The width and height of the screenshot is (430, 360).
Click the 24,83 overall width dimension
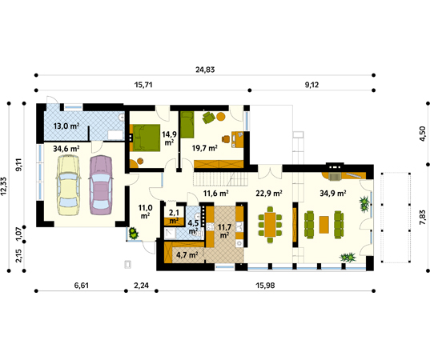click(x=205, y=70)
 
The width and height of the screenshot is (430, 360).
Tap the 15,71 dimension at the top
click(x=143, y=85)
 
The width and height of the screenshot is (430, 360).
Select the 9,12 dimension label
click(x=311, y=85)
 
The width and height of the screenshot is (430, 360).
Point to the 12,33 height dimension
click(x=4, y=186)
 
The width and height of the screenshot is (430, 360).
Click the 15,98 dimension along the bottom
click(x=265, y=286)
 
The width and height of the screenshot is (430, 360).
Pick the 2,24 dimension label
click(x=141, y=286)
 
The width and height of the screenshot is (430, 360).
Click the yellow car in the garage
click(x=68, y=186)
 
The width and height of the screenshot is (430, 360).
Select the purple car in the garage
click(x=100, y=186)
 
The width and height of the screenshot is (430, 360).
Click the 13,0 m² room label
click(x=66, y=126)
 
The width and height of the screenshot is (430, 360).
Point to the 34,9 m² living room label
click(x=332, y=194)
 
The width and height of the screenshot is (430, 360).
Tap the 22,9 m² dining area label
click(x=269, y=194)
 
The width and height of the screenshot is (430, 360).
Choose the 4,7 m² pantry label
click(x=187, y=255)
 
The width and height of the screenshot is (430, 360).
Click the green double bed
click(x=145, y=138)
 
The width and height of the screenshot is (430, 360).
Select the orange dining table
click(x=270, y=224)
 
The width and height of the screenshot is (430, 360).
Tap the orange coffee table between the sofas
click(x=324, y=225)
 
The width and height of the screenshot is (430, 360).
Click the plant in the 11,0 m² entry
click(x=134, y=234)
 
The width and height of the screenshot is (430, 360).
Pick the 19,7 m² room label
click(x=204, y=148)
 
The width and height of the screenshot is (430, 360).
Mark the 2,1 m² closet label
click(x=174, y=217)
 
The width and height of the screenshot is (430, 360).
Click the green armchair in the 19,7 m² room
click(x=209, y=118)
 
